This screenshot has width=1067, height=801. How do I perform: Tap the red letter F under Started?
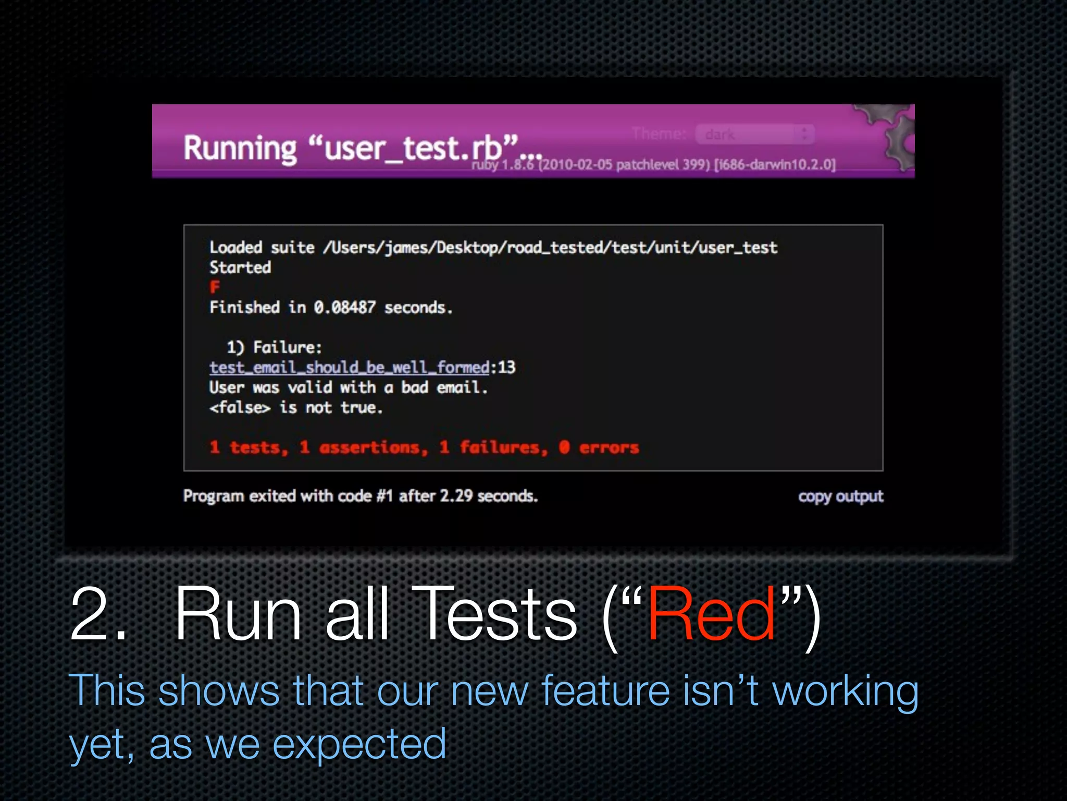click(x=215, y=287)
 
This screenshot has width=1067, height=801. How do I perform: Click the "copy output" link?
click(x=840, y=496)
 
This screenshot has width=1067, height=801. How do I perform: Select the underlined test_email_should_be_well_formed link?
click(x=349, y=368)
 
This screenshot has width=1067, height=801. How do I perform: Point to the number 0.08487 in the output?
click(x=344, y=308)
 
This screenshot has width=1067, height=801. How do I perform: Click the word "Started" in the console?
click(x=240, y=268)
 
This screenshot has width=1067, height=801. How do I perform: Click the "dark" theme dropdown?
click(x=754, y=135)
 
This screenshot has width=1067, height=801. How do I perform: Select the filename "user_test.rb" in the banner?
click(x=413, y=148)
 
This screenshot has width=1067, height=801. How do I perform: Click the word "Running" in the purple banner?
click(x=240, y=148)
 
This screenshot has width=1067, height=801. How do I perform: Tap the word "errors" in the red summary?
click(x=609, y=447)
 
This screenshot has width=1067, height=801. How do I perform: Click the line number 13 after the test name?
click(x=506, y=368)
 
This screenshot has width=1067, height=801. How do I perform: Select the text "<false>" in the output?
click(x=240, y=407)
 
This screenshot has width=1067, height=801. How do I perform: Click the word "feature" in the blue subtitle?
click(x=605, y=690)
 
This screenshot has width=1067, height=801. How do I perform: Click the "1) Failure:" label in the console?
click(x=274, y=347)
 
